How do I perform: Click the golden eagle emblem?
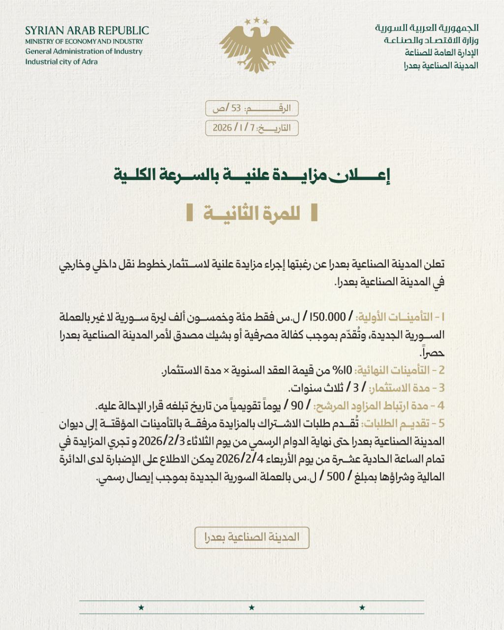pyautogui.click(x=252, y=45)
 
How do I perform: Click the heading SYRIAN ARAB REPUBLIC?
pyautogui.click(x=87, y=31)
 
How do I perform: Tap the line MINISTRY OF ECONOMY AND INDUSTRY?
pyautogui.click(x=84, y=41)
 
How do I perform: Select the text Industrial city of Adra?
pyautogui.click(x=62, y=62)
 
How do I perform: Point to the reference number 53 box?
pyautogui.click(x=252, y=108)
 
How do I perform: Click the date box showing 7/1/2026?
pyautogui.click(x=252, y=127)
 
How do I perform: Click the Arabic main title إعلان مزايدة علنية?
pyautogui.click(x=252, y=174)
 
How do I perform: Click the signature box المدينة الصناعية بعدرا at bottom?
pyautogui.click(x=252, y=537)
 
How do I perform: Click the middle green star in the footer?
pyautogui.click(x=252, y=608)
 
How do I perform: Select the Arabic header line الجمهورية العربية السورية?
pyautogui.click(x=426, y=29)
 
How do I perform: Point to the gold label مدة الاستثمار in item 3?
pyautogui.click(x=411, y=388)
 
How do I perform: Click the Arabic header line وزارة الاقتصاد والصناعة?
pyautogui.click(x=431, y=41)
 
